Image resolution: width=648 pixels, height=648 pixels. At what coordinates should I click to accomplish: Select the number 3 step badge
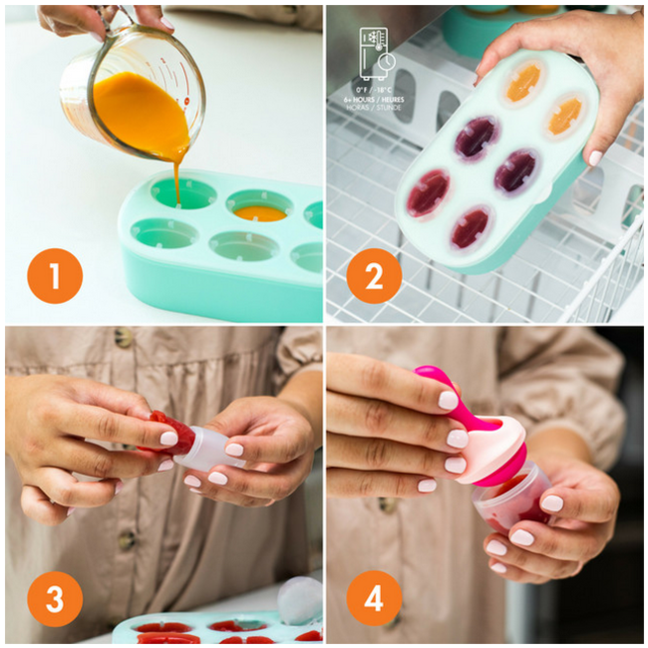coord(54,600)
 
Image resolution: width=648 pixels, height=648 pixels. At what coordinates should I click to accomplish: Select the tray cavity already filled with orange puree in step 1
coord(259,210)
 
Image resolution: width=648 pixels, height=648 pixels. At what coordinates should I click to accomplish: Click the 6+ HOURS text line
coord(374,100)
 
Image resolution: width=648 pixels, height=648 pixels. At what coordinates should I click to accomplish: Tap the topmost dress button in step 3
coord(124,338)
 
